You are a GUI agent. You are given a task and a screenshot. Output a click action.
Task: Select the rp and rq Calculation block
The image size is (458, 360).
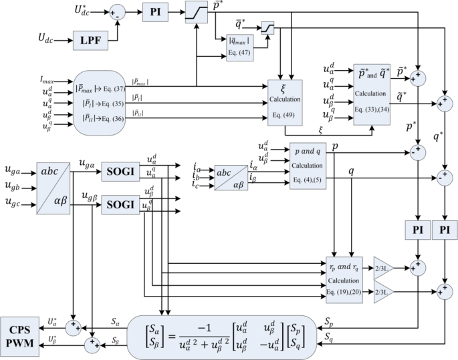pyautogui.click(x=344, y=279)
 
